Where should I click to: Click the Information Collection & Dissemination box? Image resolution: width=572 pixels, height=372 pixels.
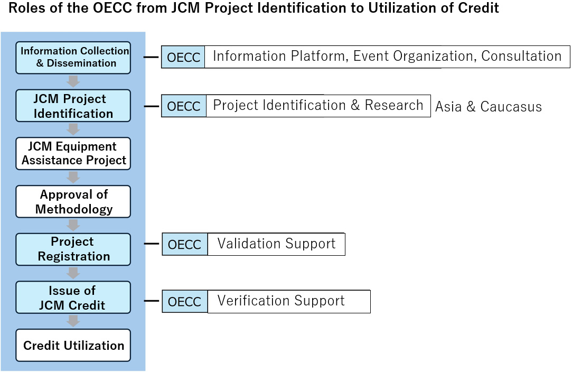tap(73, 58)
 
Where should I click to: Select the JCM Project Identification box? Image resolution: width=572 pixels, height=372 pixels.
tap(73, 106)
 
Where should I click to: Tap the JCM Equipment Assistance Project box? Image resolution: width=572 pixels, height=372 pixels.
tap(73, 153)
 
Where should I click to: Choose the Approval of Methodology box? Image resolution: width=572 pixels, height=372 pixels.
tap(73, 201)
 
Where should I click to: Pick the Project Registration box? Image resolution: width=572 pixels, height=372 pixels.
tap(73, 249)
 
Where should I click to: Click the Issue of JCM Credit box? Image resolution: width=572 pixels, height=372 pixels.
tap(73, 297)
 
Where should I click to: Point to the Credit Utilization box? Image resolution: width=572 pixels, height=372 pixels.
tap(73, 346)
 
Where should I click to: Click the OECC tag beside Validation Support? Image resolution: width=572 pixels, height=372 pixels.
tap(184, 244)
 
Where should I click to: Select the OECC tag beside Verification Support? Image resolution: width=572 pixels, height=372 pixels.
tap(184, 302)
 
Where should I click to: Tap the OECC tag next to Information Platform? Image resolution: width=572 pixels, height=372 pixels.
tap(183, 57)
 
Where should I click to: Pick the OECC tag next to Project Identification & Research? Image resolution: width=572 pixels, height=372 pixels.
tap(184, 106)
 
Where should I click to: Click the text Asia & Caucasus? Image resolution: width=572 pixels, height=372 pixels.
tap(489, 107)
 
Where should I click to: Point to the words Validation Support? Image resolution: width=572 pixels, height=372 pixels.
tap(276, 244)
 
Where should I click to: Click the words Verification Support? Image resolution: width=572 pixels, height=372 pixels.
tap(281, 301)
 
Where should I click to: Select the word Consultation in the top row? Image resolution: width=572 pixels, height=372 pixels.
tap(521, 56)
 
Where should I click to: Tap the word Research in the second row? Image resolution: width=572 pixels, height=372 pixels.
tap(394, 105)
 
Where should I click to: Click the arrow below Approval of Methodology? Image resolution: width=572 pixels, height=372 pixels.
tap(73, 225)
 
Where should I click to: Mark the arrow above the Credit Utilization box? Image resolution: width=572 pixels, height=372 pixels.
tap(73, 321)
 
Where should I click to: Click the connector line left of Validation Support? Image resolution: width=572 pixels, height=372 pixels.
tap(152, 244)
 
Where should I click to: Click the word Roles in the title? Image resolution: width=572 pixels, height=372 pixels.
tap(26, 8)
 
